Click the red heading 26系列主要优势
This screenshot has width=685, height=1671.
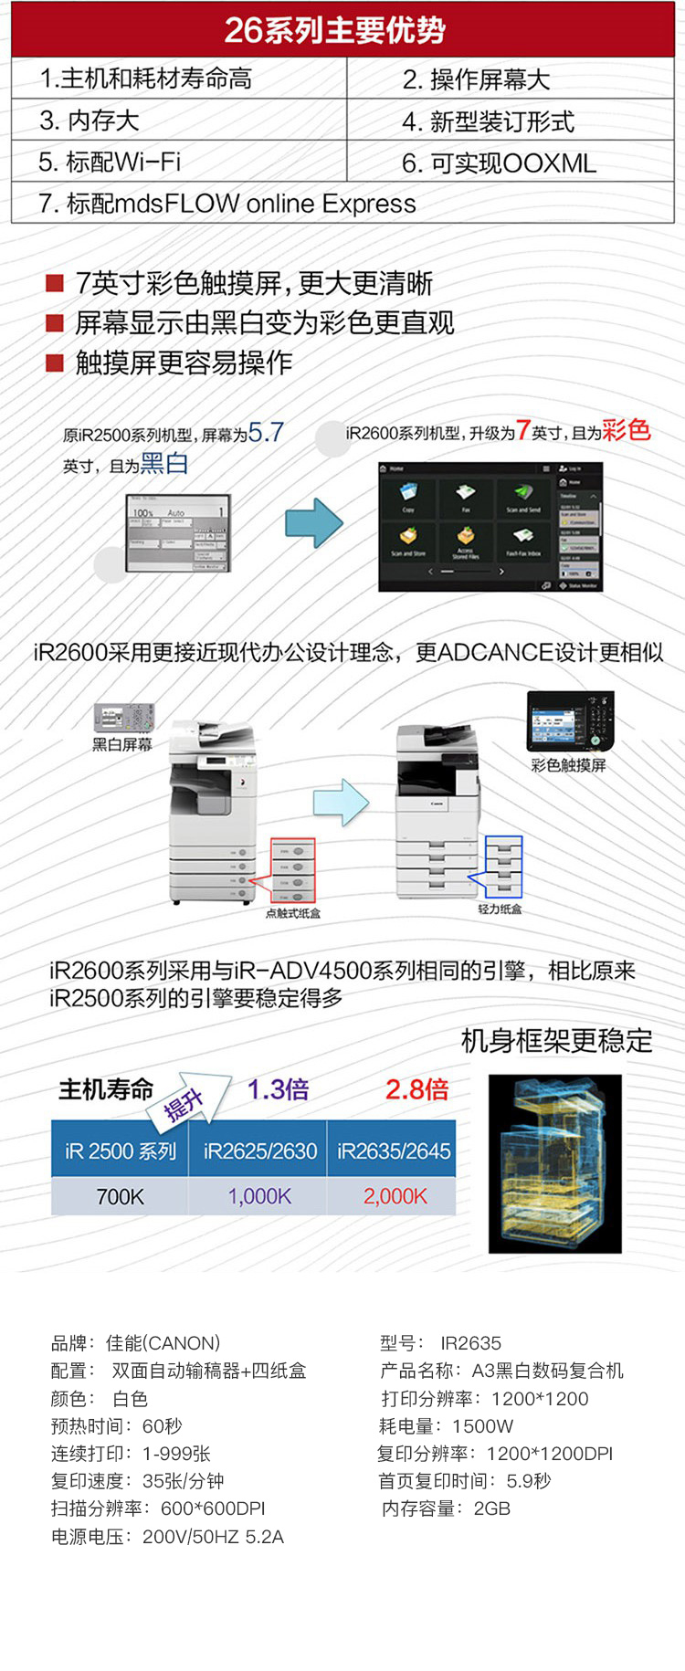click(x=334, y=30)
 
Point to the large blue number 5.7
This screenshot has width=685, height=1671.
click(x=266, y=432)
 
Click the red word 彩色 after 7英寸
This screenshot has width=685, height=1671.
click(x=626, y=430)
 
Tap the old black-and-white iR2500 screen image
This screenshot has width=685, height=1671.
click(x=178, y=533)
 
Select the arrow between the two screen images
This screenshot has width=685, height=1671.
click(x=313, y=523)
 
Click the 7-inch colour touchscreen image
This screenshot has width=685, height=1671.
click(x=490, y=527)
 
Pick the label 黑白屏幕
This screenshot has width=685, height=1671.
click(x=122, y=745)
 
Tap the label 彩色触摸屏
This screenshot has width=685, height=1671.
click(x=568, y=765)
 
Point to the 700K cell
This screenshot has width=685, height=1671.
click(x=120, y=1196)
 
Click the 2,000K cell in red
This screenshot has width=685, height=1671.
click(x=395, y=1196)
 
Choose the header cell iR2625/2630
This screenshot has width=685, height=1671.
click(x=260, y=1151)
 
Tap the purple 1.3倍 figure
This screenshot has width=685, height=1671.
click(x=278, y=1089)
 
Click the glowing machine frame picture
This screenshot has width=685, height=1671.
click(x=554, y=1162)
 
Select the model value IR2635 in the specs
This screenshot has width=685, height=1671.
click(x=470, y=1343)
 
